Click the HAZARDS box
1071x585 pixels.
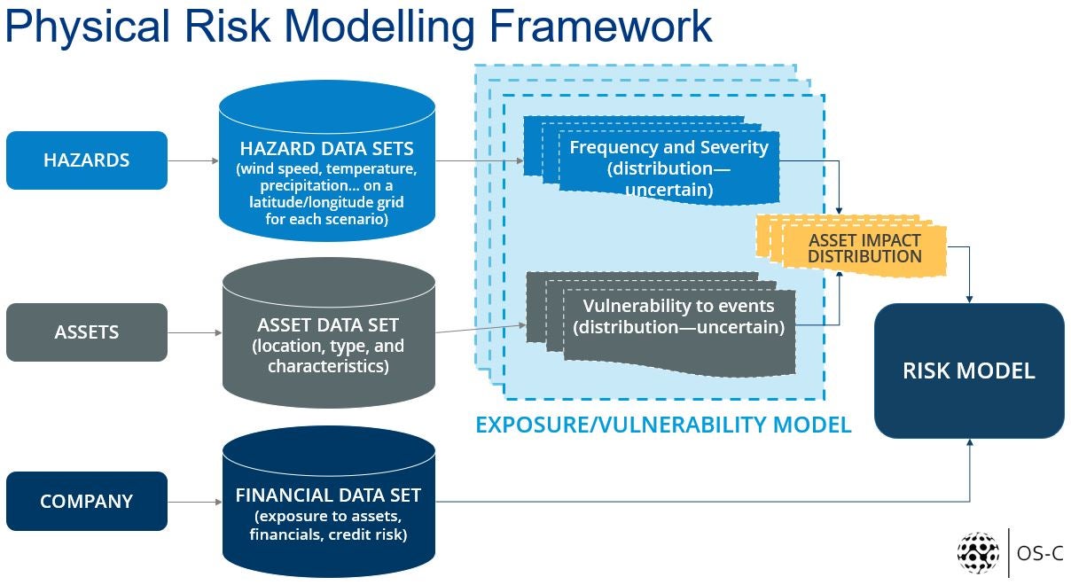(87, 160)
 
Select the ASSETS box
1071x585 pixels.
(87, 332)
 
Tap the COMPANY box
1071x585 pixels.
(87, 502)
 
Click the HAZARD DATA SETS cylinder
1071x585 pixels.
(327, 160)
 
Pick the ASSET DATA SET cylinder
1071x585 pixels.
(328, 333)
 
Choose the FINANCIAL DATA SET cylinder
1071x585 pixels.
(328, 502)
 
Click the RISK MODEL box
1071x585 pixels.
(969, 370)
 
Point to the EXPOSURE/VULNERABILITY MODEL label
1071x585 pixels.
(663, 425)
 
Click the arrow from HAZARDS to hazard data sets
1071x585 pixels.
(193, 160)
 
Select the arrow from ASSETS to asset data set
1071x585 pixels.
(195, 332)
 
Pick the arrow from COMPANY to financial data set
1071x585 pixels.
(195, 502)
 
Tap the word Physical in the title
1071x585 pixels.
(88, 27)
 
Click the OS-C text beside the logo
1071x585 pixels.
(1040, 553)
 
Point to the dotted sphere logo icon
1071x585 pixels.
(978, 553)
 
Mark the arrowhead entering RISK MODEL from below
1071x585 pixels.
(970, 442)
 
